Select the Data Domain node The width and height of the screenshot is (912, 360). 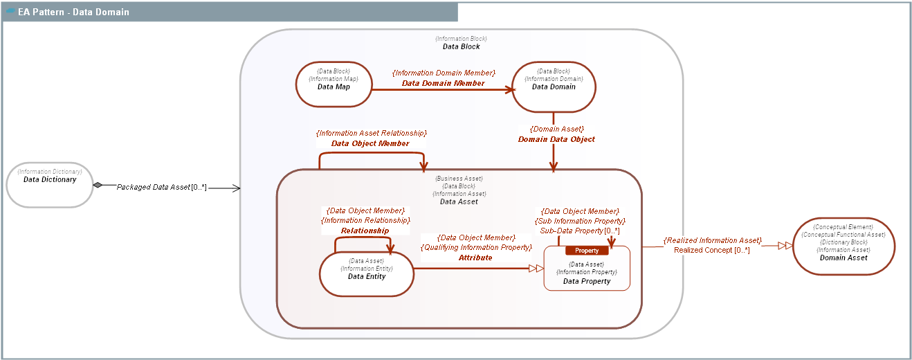[x=553, y=87]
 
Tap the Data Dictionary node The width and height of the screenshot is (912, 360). [x=50, y=184]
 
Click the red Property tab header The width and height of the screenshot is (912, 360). [x=587, y=251]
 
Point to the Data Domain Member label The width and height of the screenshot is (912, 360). [x=443, y=83]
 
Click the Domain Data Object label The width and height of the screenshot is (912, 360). [x=556, y=139]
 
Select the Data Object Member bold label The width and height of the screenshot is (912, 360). [x=370, y=144]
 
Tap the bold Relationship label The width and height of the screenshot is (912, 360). [x=365, y=231]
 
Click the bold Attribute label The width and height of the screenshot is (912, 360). [x=475, y=258]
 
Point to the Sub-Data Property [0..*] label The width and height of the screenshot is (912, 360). [x=580, y=231]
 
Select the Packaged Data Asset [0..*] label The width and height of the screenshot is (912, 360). [x=161, y=187]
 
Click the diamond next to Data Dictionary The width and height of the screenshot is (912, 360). [x=98, y=185]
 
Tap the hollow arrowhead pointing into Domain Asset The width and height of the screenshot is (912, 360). [x=785, y=245]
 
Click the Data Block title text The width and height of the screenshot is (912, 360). [x=461, y=46]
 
